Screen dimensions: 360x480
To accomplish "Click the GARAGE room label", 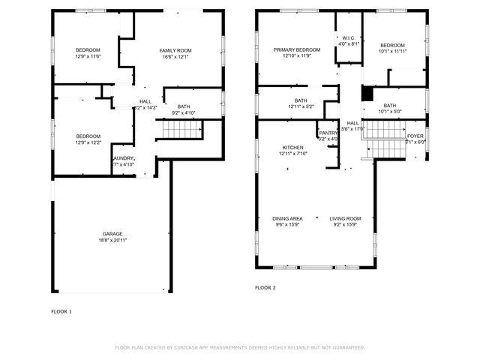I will pos(112,233).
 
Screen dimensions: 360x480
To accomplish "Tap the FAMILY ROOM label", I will pos(175,50).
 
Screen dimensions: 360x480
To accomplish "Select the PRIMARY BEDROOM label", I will pos(296,49).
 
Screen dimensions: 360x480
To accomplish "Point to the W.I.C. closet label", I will pos(349,38).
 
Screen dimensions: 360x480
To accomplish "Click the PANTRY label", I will pos(328,133).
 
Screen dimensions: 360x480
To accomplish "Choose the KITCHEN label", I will pos(293,147).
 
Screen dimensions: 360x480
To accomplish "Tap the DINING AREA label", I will pos(287,218).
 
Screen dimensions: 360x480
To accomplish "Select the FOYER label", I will pos(415,136).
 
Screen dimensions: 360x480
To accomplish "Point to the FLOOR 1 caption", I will pos(61,310).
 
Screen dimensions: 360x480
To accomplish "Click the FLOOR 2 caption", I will pos(265,287).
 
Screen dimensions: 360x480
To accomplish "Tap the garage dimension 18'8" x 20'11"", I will pos(112,240).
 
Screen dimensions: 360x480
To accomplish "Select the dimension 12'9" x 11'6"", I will pos(88,56).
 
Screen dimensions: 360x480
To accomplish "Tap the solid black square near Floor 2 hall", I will pos(367,94).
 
